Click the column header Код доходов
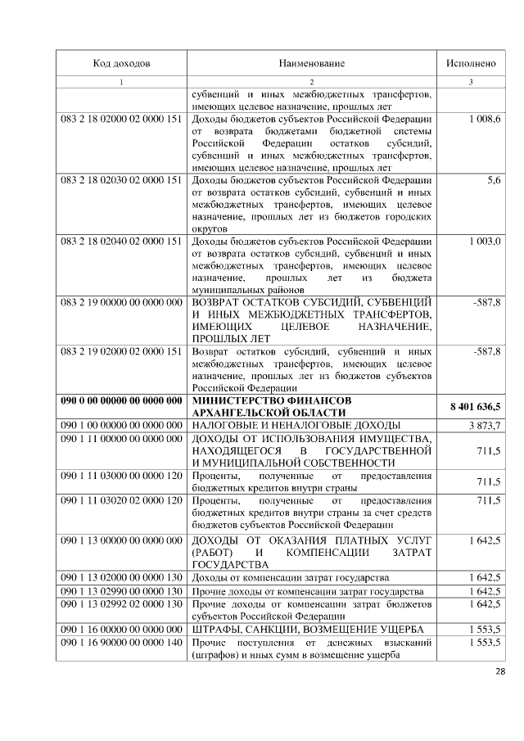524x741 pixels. pyautogui.click(x=121, y=63)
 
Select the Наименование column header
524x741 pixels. pyautogui.click(x=312, y=63)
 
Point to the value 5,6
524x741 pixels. pyautogui.click(x=494, y=179)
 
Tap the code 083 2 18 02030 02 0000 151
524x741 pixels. pyautogui.click(x=121, y=179)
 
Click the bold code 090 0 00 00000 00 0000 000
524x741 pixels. pyautogui.click(x=121, y=400)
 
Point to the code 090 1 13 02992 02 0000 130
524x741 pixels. pyautogui.click(x=121, y=603)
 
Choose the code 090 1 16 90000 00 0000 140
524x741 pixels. pyautogui.click(x=121, y=643)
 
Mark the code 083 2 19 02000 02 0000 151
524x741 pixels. pyautogui.click(x=121, y=351)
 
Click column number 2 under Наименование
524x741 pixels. pyautogui.click(x=312, y=82)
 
